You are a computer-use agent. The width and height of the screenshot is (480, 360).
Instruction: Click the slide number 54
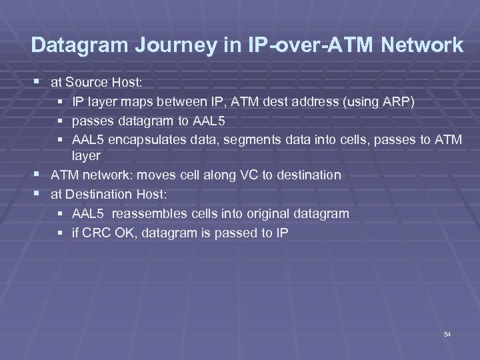click(447, 333)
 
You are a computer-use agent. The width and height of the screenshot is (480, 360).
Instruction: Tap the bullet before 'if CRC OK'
click(61, 233)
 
